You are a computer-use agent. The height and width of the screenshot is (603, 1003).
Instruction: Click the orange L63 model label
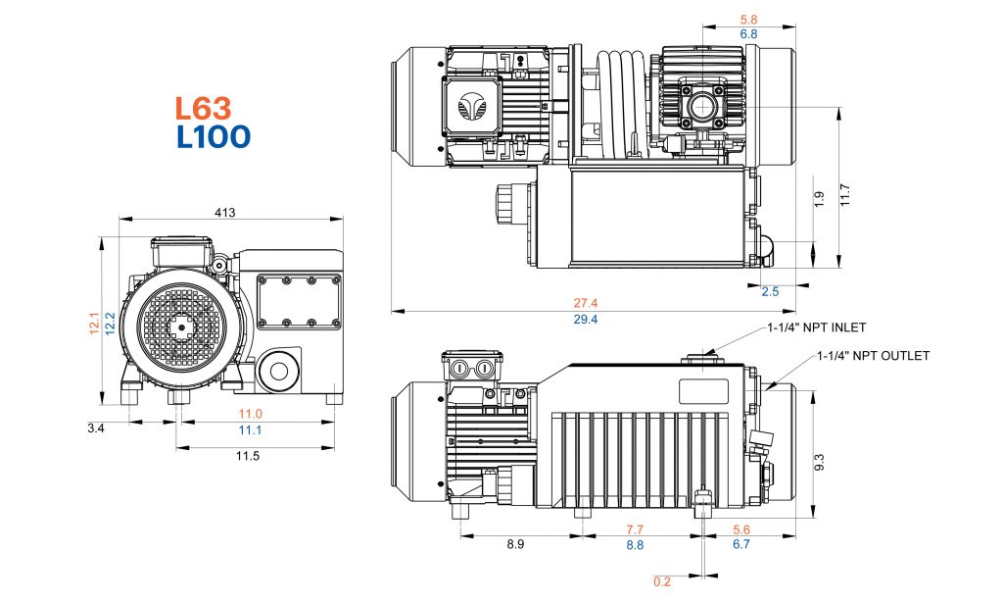click(x=203, y=108)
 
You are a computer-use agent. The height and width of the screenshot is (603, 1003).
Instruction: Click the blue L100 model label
click(x=213, y=136)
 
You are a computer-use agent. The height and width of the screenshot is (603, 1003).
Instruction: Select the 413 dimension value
click(x=225, y=213)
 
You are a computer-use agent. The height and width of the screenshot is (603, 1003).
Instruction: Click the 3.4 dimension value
click(x=95, y=428)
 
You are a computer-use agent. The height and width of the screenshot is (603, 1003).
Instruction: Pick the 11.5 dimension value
click(x=248, y=456)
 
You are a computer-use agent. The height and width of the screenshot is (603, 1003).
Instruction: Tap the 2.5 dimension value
click(x=772, y=292)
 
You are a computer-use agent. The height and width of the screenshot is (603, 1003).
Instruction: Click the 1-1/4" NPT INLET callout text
click(x=817, y=327)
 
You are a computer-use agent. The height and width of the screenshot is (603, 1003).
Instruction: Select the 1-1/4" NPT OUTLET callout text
click(x=873, y=356)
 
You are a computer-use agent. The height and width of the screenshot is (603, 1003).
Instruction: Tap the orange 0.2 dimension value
click(x=662, y=582)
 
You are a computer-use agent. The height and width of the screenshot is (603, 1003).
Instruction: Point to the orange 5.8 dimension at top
click(x=748, y=19)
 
